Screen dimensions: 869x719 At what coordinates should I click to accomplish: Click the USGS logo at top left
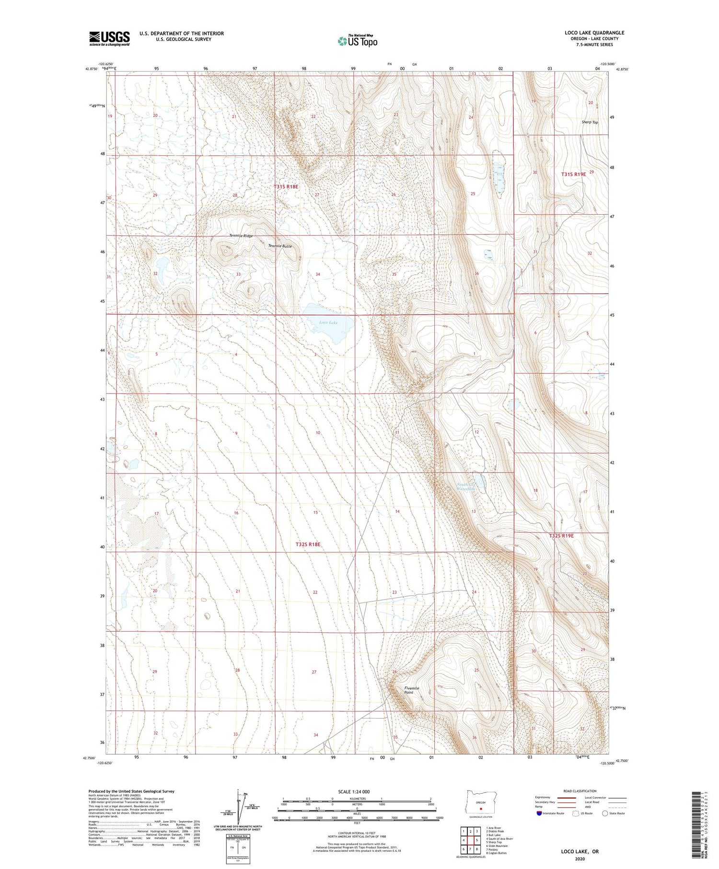[109, 38]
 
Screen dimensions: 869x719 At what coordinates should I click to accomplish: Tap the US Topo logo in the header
[357, 41]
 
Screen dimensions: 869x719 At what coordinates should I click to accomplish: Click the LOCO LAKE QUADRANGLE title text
[594, 33]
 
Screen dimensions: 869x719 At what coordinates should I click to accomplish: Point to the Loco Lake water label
[328, 323]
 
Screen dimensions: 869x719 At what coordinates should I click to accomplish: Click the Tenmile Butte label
[279, 246]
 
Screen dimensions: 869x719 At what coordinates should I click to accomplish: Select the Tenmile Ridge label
[241, 236]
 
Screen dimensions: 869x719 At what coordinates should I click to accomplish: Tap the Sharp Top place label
[590, 122]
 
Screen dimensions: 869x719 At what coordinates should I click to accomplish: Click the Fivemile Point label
[411, 690]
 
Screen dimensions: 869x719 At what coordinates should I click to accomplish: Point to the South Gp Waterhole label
[465, 487]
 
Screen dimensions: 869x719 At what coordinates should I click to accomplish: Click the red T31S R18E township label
[286, 186]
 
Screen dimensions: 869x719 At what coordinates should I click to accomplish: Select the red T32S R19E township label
[561, 536]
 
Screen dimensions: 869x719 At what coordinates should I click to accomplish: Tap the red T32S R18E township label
[308, 545]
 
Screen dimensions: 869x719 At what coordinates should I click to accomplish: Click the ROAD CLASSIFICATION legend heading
[580, 791]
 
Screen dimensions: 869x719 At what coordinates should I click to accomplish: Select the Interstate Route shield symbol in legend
[539, 813]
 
